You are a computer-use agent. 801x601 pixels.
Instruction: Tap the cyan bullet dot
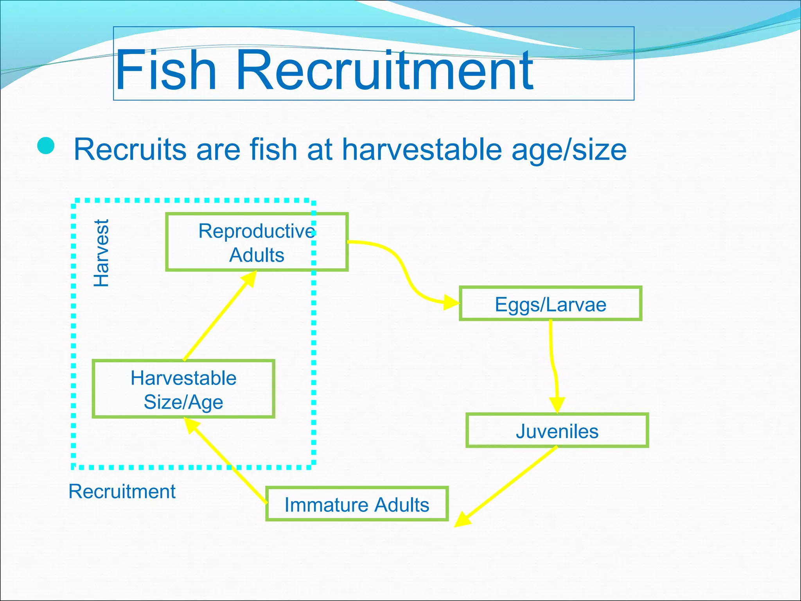46,146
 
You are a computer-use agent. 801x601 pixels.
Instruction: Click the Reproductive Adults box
257,242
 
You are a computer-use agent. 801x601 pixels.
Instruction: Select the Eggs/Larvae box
550,304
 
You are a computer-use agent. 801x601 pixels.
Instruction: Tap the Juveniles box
557,431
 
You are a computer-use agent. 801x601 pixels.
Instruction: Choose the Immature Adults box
357,504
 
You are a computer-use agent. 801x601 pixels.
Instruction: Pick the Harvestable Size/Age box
183,389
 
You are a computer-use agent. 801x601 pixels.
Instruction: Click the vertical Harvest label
101,253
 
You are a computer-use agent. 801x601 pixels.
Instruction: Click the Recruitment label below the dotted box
122,491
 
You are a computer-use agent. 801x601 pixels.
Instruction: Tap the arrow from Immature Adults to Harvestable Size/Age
227,462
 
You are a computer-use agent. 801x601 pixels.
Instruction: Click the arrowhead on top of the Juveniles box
557,405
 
